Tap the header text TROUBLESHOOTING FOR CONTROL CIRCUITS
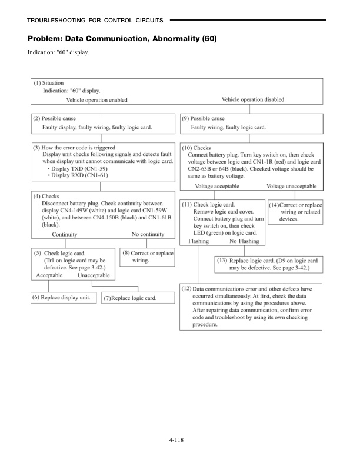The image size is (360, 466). click(x=95, y=21)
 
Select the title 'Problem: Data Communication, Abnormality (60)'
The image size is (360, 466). click(x=122, y=39)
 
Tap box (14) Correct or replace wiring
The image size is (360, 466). click(x=295, y=212)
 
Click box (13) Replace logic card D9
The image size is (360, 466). click(x=268, y=264)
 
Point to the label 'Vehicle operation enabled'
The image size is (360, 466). click(x=96, y=101)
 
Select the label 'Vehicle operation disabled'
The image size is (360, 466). click(x=252, y=100)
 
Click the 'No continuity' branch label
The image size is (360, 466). click(x=150, y=234)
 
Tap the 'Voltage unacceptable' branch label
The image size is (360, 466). click(x=291, y=187)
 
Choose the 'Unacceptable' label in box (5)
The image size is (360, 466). click(x=94, y=275)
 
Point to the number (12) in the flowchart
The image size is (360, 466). click(x=187, y=289)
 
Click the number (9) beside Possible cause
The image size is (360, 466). click(x=185, y=119)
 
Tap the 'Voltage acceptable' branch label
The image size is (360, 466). click(x=218, y=187)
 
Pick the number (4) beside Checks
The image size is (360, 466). click(x=37, y=196)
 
